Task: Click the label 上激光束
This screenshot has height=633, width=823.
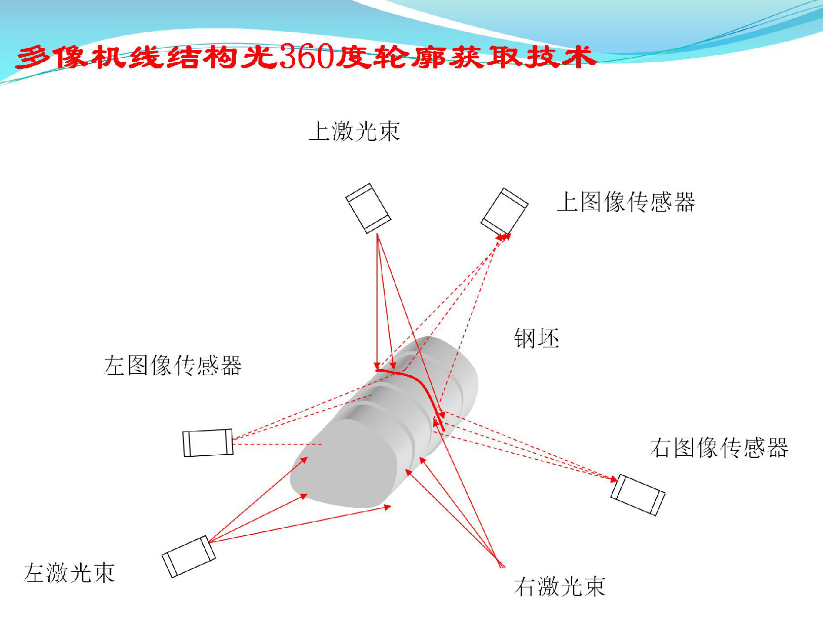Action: pos(354,131)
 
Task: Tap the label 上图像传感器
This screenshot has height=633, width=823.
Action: pos(626,202)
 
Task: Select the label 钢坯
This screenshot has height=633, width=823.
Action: pos(536,338)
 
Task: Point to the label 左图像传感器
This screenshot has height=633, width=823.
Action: pos(172,365)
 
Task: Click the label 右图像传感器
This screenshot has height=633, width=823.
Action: pos(719,448)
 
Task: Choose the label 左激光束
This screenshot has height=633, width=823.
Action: pos(69,573)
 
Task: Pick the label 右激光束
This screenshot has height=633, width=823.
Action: pos(559,586)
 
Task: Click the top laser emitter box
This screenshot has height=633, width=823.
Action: pos(368,208)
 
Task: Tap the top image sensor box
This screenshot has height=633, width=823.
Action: pos(504,211)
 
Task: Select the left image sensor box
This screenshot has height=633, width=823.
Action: pos(208,443)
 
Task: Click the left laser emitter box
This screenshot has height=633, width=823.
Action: pos(189,556)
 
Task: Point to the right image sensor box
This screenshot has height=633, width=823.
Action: pos(638,494)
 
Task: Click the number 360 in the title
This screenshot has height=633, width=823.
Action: pos(306,56)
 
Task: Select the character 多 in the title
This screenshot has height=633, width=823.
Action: pos(34,57)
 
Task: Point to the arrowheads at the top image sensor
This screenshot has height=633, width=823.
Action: pos(504,237)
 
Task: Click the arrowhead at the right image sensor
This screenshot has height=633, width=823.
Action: pos(614,479)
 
